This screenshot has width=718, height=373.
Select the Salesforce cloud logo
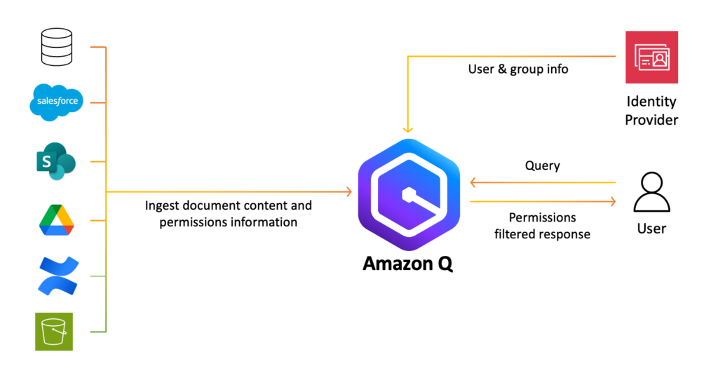(57, 102)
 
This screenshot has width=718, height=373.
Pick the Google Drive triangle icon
(57, 218)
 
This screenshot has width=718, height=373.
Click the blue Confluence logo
(57, 276)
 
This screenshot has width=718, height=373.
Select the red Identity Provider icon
(651, 57)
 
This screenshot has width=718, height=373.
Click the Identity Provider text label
(651, 111)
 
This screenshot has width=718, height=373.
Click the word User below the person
(651, 229)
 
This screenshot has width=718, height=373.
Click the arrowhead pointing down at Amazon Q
(408, 130)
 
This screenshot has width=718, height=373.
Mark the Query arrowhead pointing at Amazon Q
(473, 183)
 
